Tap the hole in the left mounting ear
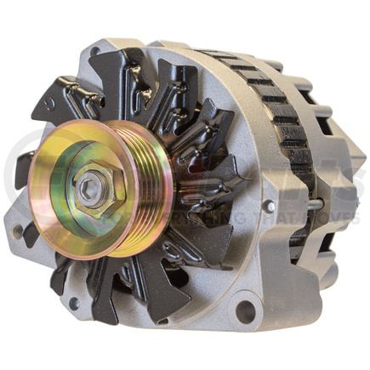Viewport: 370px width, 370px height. pos(17,231)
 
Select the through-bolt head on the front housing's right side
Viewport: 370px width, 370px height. pos(269,206)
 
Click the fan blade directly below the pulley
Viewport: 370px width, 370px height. pos(106,289)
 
